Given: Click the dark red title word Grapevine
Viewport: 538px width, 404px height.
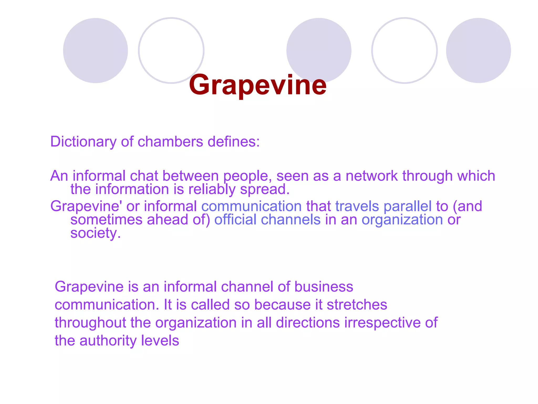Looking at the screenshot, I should (x=258, y=85).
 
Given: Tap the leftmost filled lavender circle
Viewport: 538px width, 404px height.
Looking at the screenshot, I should (x=95, y=50).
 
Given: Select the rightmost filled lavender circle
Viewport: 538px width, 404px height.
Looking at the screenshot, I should (x=478, y=50).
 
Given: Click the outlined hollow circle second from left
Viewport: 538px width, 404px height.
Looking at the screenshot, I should (x=171, y=50).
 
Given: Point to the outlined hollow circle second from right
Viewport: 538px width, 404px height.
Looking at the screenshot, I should (x=405, y=50).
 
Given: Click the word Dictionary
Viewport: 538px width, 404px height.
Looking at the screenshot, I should (x=83, y=142).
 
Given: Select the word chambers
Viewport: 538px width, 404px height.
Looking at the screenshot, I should (x=170, y=142).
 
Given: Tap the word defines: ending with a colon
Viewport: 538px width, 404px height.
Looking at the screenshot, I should (x=234, y=142).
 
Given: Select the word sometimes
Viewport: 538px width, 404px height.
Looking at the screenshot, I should (x=106, y=220).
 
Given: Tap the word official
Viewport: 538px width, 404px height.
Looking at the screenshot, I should (x=235, y=220).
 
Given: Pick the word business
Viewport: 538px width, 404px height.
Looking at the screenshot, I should (x=324, y=286).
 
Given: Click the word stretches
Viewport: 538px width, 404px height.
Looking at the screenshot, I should (x=357, y=305).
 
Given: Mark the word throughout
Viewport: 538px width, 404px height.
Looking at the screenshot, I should (x=90, y=323).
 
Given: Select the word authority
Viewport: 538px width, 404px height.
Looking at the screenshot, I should (x=108, y=341).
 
